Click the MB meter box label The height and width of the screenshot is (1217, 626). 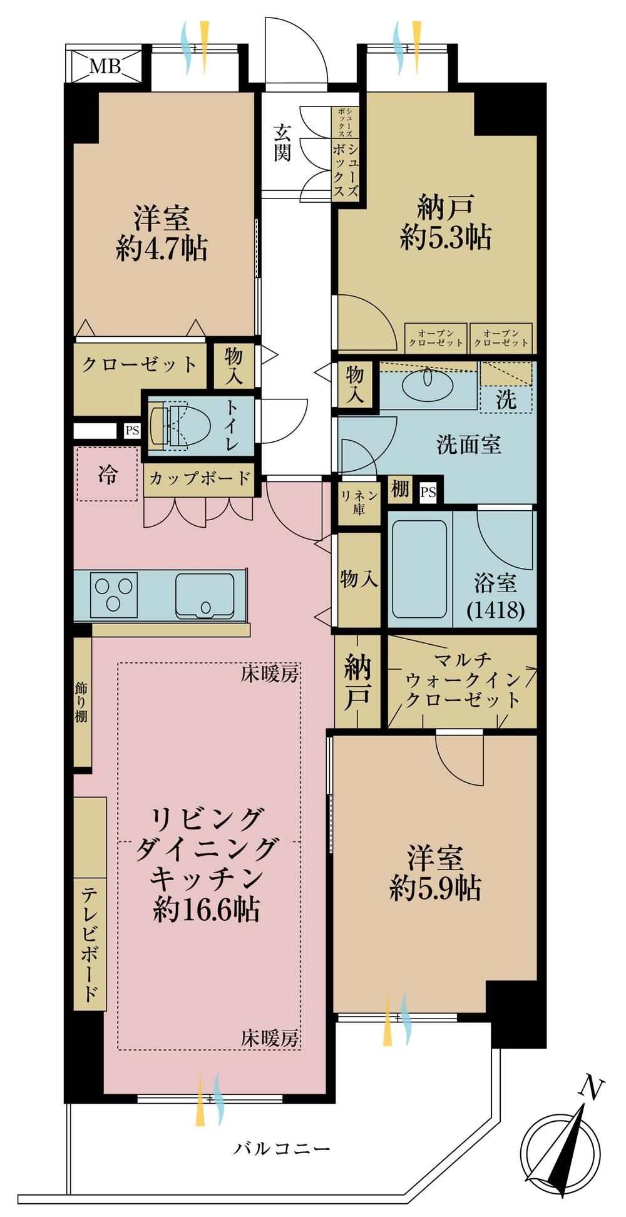[105, 66]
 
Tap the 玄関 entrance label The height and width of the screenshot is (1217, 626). [282, 143]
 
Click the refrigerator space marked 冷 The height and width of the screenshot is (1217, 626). [107, 474]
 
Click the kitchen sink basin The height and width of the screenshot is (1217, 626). [205, 595]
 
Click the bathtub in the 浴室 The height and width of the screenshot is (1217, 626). [419, 570]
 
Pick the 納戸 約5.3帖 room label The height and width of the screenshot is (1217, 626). [445, 222]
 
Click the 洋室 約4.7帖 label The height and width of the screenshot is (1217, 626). [162, 234]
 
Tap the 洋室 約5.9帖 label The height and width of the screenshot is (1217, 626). [436, 872]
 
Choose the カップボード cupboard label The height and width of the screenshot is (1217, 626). [199, 479]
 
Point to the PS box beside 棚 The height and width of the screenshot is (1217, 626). [428, 492]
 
